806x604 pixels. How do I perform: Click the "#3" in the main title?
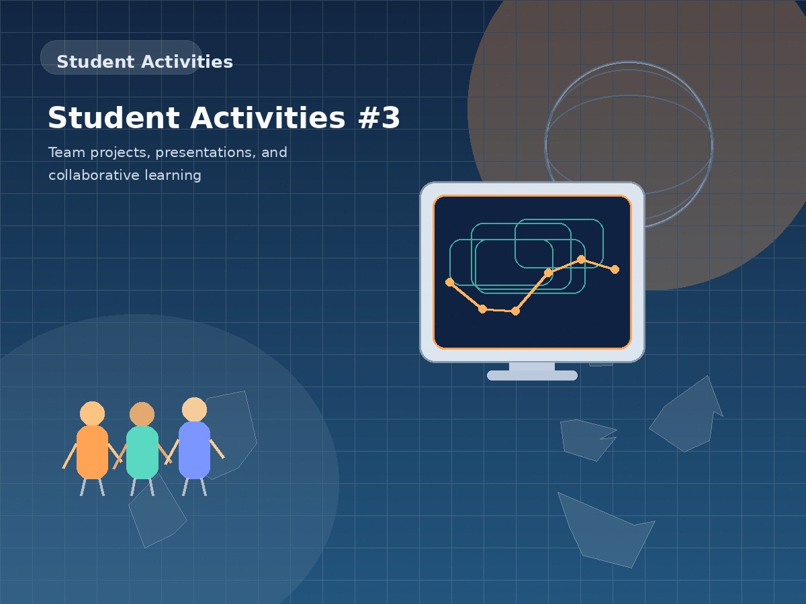point(378,118)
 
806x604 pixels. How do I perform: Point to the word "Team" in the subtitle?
point(66,152)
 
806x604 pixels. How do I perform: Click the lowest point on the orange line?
point(515,311)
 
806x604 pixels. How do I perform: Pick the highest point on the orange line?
point(581,259)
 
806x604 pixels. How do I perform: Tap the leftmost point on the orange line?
point(449,282)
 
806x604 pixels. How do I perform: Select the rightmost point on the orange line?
point(615,269)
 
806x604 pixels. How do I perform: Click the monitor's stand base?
point(532,375)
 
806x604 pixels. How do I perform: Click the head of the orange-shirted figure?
point(92,413)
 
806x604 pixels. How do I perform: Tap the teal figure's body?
point(142,452)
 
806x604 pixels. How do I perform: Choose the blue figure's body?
point(194,450)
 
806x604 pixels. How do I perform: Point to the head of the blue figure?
point(194,409)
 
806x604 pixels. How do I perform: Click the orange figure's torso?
point(92,452)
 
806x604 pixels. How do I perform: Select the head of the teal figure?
point(142,414)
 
